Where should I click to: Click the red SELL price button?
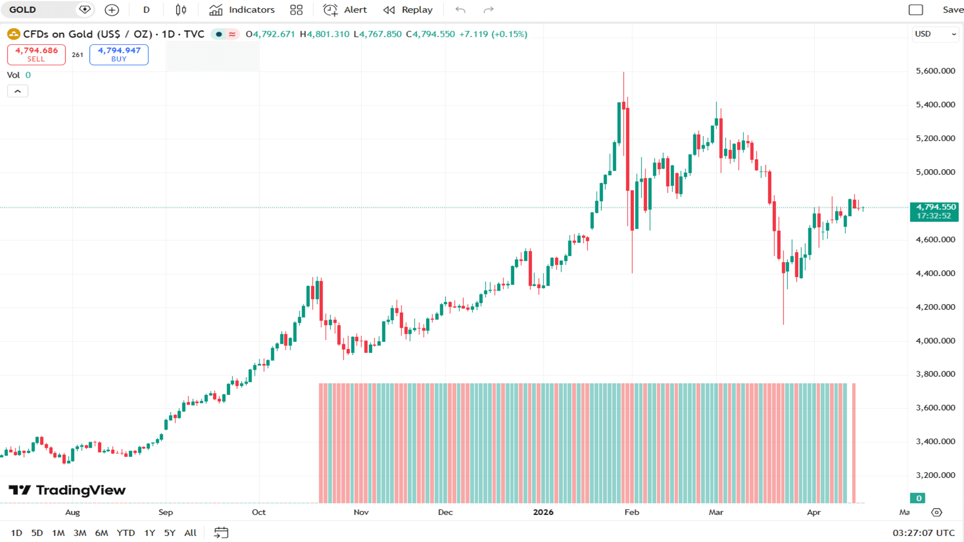36,54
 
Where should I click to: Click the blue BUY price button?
119,54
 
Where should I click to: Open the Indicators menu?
242,10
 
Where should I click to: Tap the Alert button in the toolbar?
345,10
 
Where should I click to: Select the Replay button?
408,10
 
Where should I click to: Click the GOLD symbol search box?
40,10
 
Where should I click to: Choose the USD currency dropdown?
935,34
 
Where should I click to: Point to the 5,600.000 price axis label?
935,71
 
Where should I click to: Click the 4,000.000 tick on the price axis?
935,341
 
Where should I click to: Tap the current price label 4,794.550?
935,207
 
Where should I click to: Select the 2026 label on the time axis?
543,512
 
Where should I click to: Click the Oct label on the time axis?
259,512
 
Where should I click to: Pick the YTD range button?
126,533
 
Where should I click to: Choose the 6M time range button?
101,533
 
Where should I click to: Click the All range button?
190,533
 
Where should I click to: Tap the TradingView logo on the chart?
67,490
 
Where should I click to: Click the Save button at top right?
952,10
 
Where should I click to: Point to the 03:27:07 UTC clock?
923,533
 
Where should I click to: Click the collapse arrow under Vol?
18,91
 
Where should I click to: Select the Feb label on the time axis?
632,512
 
